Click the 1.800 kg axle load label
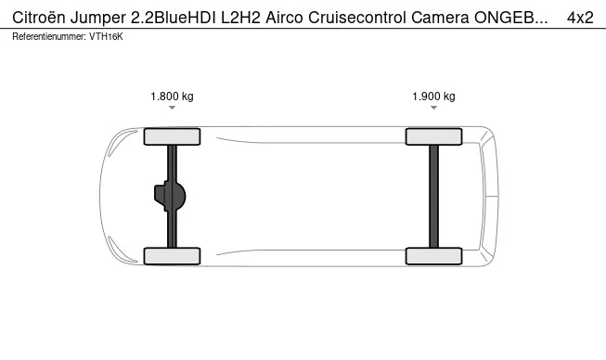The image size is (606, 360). (x=172, y=96)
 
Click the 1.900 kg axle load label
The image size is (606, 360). (x=433, y=96)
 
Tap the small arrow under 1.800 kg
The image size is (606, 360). (x=172, y=108)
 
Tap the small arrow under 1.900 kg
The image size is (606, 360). (x=433, y=108)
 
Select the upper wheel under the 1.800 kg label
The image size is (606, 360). (x=172, y=136)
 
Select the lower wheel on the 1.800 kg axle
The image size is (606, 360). (x=172, y=256)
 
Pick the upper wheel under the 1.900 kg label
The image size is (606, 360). (x=433, y=136)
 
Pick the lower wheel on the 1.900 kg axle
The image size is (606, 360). (x=433, y=256)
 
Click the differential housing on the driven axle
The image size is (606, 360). (x=170, y=196)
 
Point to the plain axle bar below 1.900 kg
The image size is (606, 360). (x=433, y=197)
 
